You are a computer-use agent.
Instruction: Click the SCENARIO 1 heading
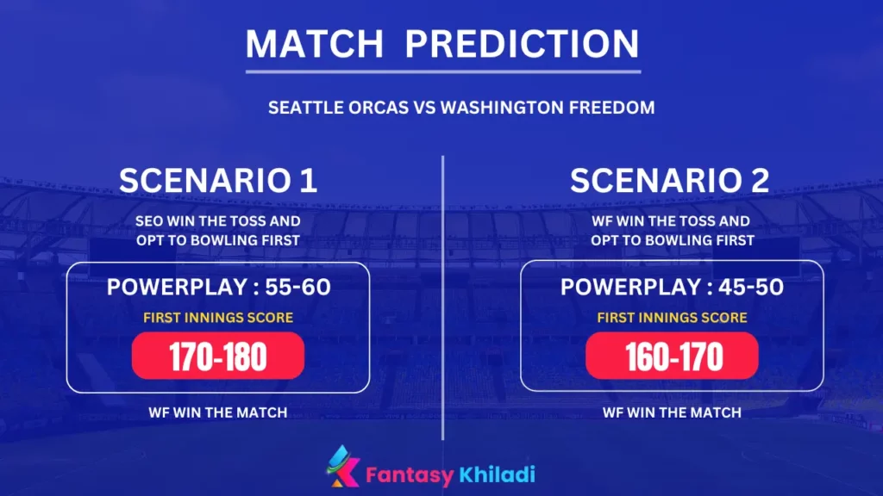(218, 181)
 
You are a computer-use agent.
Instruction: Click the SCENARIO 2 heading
(670, 181)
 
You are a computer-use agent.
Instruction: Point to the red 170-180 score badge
(218, 356)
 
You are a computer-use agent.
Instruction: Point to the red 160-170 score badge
(672, 356)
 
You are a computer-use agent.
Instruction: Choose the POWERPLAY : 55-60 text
(218, 287)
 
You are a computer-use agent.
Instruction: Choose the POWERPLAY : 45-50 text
(672, 287)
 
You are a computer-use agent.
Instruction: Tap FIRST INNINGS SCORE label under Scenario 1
(218, 318)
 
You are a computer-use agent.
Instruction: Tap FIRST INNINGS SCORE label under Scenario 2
(672, 318)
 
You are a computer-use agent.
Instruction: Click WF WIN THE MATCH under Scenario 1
(218, 412)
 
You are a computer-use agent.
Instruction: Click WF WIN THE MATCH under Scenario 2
(672, 412)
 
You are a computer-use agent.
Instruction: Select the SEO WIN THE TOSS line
(218, 221)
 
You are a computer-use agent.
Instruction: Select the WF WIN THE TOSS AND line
(672, 221)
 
